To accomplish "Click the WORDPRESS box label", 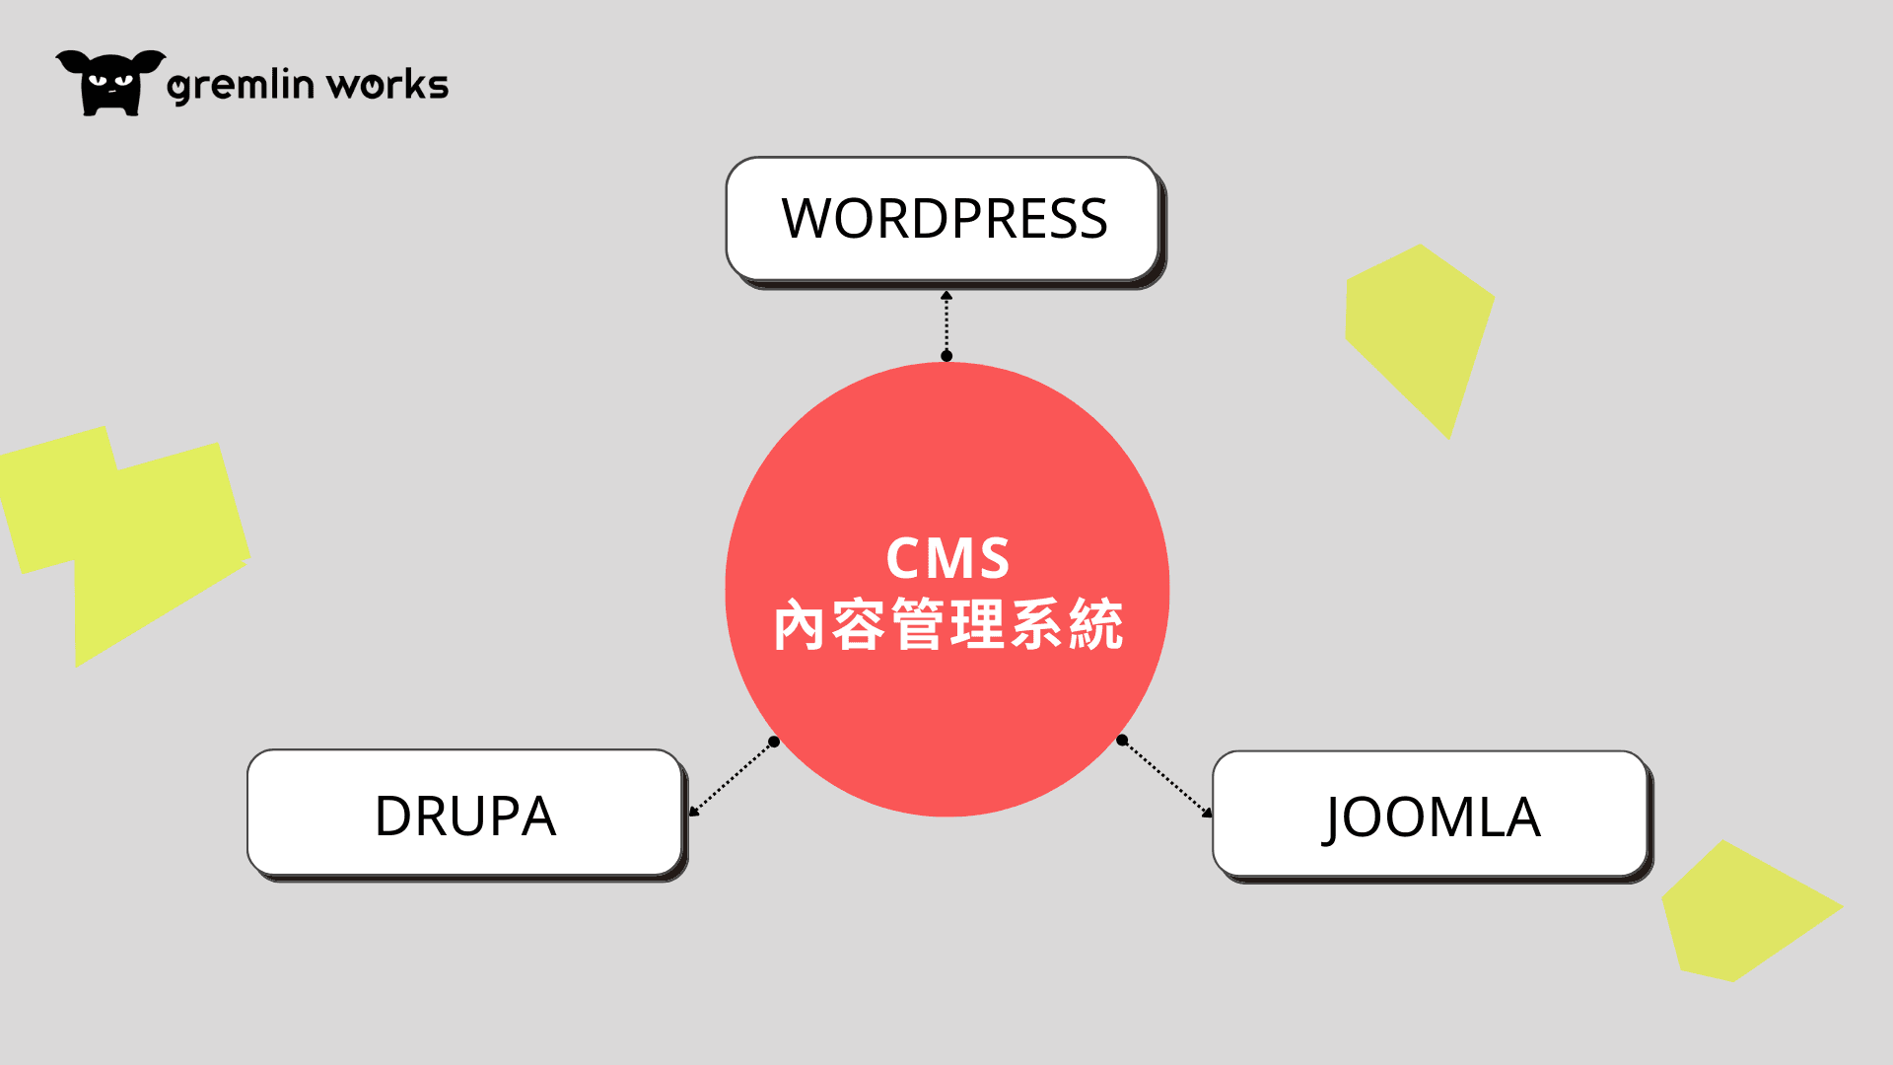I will (945, 219).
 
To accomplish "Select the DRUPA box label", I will (465, 816).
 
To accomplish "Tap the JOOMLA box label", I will (1431, 817).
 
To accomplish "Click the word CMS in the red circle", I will (947, 558).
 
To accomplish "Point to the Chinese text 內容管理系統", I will (947, 625).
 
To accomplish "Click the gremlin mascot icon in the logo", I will (109, 83).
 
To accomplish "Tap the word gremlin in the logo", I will (241, 86).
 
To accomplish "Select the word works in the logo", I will (387, 86).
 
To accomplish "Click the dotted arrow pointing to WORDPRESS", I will (946, 324).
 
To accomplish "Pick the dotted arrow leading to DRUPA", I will (732, 779).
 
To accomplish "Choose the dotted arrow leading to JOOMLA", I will (1165, 777).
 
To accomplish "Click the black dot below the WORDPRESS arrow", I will (946, 356).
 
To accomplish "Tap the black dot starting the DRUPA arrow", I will (774, 742).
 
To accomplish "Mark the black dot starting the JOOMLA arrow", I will (1122, 740).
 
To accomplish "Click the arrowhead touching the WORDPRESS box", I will (946, 295).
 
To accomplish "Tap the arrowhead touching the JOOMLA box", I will (1208, 813).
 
